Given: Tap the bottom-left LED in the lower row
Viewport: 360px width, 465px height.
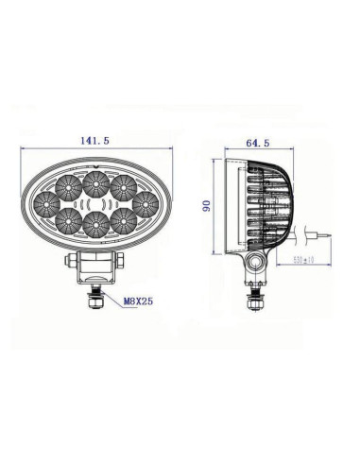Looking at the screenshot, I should (x=66, y=221).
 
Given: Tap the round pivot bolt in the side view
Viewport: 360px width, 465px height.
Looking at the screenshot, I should (x=255, y=262).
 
